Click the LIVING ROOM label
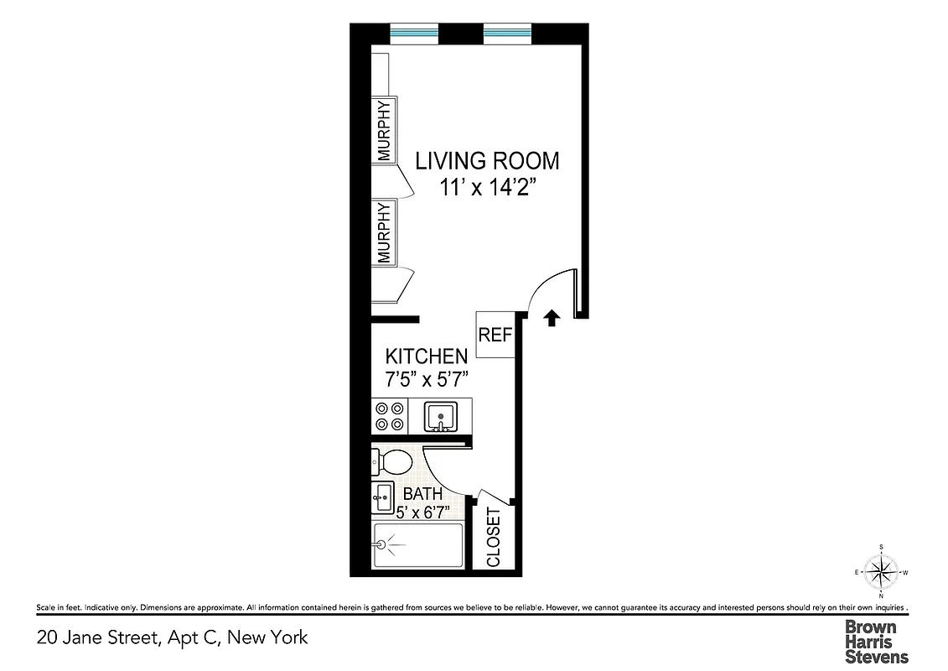[487, 159]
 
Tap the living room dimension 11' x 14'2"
[488, 187]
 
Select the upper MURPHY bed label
[385, 131]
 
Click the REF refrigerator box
[495, 334]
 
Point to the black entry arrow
[552, 318]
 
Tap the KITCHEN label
[426, 356]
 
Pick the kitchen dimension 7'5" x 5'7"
[426, 380]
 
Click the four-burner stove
[390, 416]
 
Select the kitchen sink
[440, 416]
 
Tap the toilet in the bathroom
[392, 460]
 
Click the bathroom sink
[382, 497]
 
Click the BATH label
[422, 494]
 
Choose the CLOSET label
[493, 538]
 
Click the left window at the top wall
[415, 34]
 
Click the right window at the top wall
[508, 34]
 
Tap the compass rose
[881, 573]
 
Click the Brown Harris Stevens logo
[876, 642]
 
